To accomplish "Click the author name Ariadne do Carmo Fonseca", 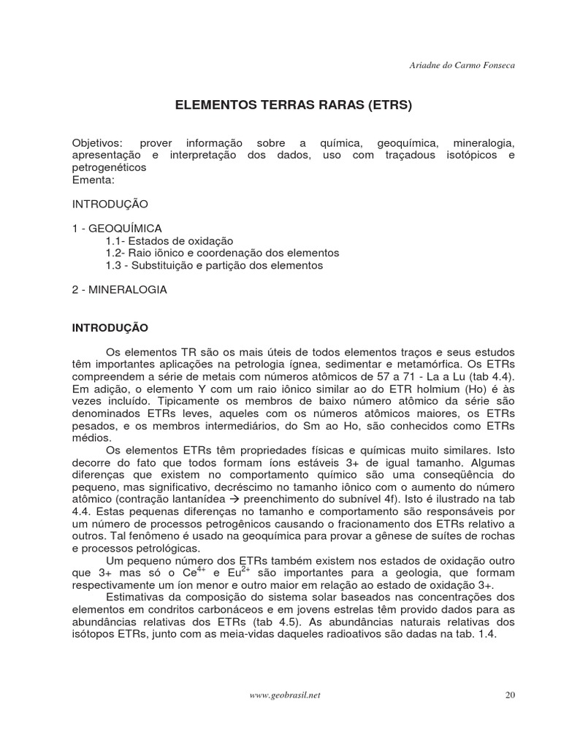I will (x=462, y=66).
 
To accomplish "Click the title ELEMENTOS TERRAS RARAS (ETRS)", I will (x=294, y=105).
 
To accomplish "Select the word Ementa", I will (x=93, y=179).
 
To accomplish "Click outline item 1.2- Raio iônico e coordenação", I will (x=222, y=253).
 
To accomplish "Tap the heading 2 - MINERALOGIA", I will (x=120, y=290).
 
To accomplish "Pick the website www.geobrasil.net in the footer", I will (x=285, y=695).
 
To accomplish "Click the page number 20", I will (x=510, y=695).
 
